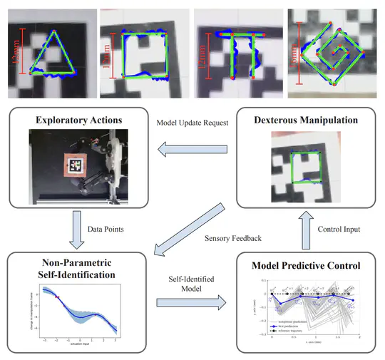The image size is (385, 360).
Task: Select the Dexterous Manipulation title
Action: pyautogui.click(x=305, y=120)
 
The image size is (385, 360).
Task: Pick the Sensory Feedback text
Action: pyautogui.click(x=227, y=237)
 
